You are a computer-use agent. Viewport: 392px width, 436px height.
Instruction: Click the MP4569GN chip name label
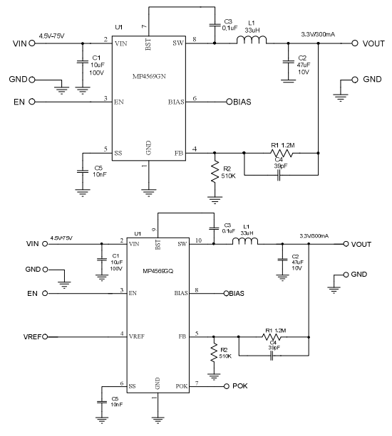149,77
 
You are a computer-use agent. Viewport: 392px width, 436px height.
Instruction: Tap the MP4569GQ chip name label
158,271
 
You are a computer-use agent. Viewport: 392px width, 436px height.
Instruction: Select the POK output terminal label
240,386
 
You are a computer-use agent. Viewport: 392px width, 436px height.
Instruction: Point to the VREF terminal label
32,337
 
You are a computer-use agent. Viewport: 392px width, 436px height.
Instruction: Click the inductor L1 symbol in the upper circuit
252,41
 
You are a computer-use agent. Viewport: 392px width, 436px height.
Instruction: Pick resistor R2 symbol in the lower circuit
214,353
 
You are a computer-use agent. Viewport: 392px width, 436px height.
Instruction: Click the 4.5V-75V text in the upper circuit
52,36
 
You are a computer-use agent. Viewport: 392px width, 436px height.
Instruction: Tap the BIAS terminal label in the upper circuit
242,102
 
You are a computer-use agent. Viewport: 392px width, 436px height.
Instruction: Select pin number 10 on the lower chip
198,240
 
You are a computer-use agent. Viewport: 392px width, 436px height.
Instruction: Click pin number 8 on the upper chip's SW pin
195,39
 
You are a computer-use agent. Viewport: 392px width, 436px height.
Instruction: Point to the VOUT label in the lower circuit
361,245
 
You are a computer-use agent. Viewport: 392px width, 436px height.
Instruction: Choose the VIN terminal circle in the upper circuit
32,43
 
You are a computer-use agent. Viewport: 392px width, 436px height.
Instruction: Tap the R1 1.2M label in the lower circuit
276,331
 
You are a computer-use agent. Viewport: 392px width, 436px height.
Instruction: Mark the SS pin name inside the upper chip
118,153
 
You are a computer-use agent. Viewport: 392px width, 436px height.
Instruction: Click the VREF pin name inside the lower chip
137,336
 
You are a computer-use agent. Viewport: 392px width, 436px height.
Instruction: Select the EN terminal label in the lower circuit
32,294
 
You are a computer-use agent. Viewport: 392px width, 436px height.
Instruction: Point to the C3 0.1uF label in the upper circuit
229,25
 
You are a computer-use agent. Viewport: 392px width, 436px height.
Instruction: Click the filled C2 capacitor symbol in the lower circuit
282,260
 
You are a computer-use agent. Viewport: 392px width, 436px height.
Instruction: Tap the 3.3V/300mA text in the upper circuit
318,35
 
